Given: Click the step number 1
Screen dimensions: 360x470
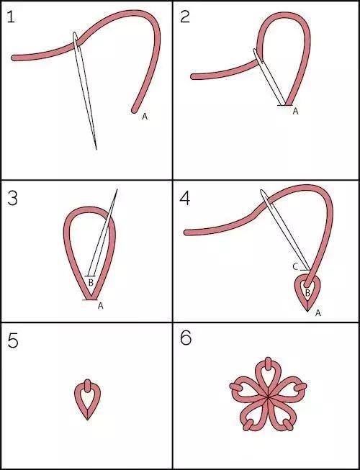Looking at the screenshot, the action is pyautogui.click(x=11, y=17).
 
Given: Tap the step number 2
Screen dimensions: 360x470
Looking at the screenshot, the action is pyautogui.click(x=185, y=17).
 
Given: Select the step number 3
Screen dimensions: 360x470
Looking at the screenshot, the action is pyautogui.click(x=12, y=199).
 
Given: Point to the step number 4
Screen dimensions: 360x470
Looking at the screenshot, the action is pyautogui.click(x=185, y=199).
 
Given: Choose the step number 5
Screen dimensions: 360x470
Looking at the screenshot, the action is pyautogui.click(x=13, y=341).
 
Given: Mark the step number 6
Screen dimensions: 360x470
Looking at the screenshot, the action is pyautogui.click(x=186, y=338).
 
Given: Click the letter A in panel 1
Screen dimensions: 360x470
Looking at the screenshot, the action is pyautogui.click(x=145, y=117).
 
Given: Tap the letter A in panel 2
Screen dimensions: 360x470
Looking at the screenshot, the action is pyautogui.click(x=295, y=112).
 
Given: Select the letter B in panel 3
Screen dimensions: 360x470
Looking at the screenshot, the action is pyautogui.click(x=91, y=282).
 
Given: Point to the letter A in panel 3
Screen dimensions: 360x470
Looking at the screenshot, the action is pyautogui.click(x=101, y=306).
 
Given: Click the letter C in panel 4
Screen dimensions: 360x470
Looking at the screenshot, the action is pyautogui.click(x=295, y=267).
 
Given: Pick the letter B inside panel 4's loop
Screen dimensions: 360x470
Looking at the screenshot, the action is pyautogui.click(x=307, y=293).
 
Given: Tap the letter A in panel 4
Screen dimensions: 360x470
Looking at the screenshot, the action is pyautogui.click(x=318, y=313).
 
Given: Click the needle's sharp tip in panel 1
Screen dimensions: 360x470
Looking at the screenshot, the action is pyautogui.click(x=96, y=149).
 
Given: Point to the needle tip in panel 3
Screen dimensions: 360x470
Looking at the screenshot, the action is pyautogui.click(x=117, y=189).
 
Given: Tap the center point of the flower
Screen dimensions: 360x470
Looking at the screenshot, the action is pyautogui.click(x=268, y=398).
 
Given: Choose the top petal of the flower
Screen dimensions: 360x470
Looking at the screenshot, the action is pyautogui.click(x=268, y=376).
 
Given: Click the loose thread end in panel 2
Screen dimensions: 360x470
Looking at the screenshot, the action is pyautogui.click(x=194, y=77).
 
